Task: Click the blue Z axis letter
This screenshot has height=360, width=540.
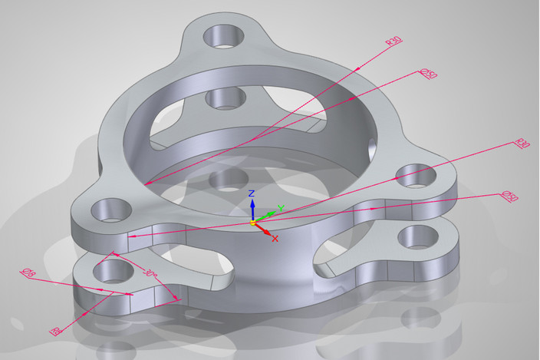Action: point(251,193)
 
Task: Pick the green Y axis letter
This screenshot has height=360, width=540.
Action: point(282,208)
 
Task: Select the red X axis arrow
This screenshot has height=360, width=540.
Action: point(265,229)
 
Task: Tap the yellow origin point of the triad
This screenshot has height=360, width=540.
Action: point(252,222)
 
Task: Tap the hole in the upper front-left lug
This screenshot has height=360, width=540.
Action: point(110,208)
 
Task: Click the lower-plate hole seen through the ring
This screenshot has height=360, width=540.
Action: point(226,97)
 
